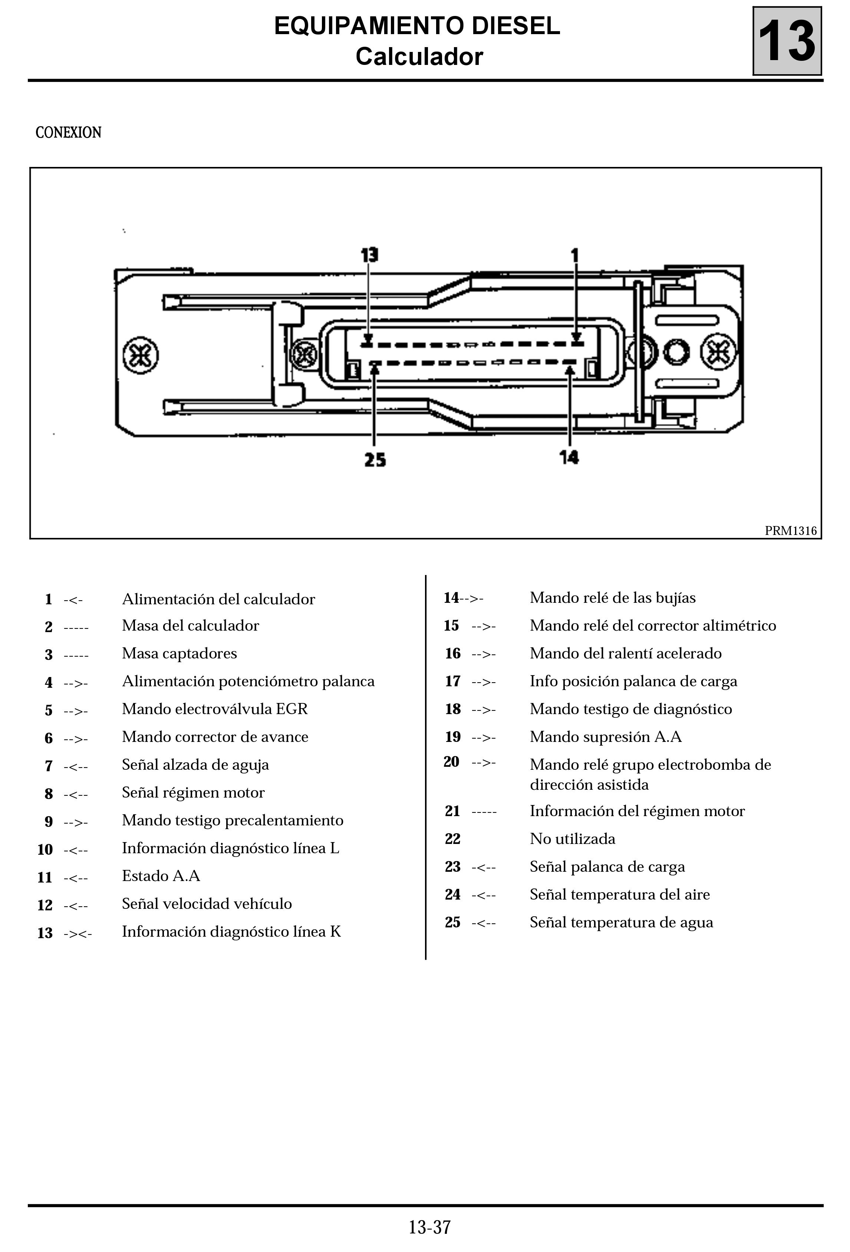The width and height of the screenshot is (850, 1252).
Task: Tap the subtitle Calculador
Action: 419,56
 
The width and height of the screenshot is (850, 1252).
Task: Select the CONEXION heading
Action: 68,132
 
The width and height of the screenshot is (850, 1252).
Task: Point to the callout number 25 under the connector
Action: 375,460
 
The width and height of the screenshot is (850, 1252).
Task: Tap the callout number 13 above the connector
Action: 369,255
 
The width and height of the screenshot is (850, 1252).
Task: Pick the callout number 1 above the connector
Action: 575,255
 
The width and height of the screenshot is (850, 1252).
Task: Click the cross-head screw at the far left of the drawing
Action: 141,355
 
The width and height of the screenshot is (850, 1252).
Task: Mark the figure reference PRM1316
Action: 790,530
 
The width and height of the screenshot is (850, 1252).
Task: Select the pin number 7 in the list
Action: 49,766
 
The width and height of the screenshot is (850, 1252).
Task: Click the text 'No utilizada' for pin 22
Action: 572,839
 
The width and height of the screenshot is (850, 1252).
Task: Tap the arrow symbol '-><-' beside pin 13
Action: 78,933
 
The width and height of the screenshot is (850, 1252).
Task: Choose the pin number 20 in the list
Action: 451,762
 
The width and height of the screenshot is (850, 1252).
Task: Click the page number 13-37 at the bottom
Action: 429,1227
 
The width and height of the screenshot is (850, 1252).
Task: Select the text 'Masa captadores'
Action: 179,654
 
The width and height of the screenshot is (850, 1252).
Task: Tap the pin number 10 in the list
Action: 45,850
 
